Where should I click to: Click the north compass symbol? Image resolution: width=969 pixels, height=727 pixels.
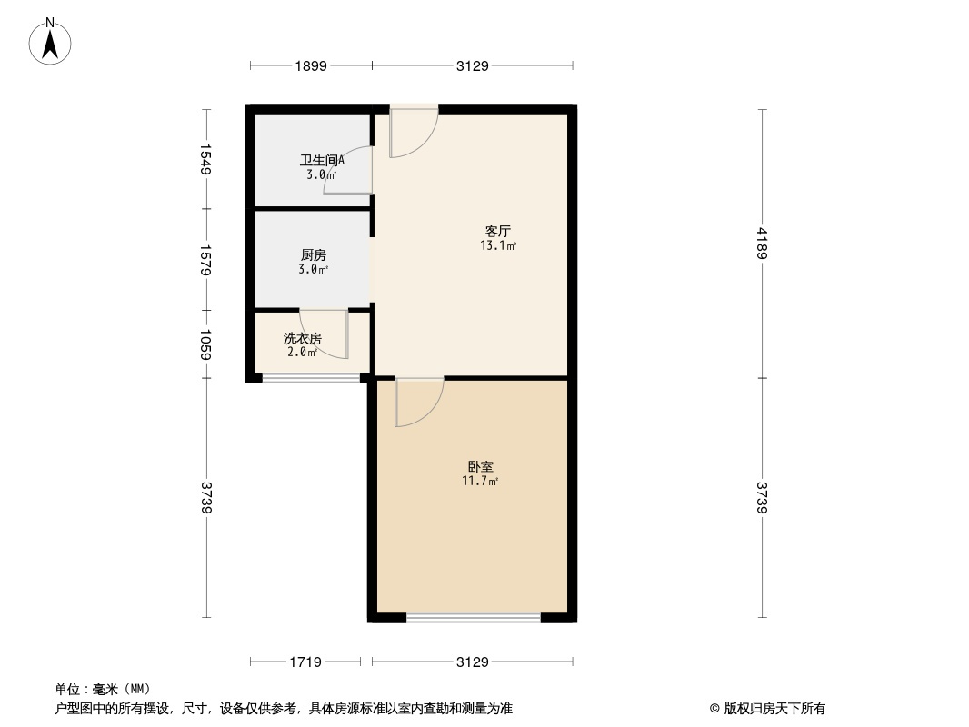click(51, 41)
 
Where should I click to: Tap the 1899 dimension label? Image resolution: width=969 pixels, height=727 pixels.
click(310, 65)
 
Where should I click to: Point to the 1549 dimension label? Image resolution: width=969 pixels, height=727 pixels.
click(206, 160)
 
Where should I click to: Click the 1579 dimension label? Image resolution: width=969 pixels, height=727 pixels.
click(206, 260)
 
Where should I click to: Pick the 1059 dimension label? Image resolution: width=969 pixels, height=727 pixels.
click(206, 344)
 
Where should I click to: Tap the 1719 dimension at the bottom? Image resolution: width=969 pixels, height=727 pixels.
click(306, 662)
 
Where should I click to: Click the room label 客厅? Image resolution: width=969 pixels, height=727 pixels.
click(499, 231)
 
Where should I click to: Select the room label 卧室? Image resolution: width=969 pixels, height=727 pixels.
click(480, 467)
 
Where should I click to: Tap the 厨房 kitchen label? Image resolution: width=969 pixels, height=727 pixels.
click(313, 255)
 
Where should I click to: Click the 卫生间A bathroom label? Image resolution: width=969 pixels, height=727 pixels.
click(322, 161)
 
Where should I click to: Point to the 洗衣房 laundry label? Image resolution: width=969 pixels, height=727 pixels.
click(303, 338)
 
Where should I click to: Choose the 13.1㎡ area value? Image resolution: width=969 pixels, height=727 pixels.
click(499, 245)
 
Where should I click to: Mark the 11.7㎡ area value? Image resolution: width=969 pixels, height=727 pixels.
click(480, 481)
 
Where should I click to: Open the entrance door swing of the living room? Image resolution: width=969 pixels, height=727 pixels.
click(414, 132)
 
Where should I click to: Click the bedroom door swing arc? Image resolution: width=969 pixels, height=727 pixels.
click(419, 402)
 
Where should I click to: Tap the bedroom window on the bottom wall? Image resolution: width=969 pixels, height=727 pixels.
click(473, 618)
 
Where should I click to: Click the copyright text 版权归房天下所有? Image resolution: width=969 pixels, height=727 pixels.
click(767, 709)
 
